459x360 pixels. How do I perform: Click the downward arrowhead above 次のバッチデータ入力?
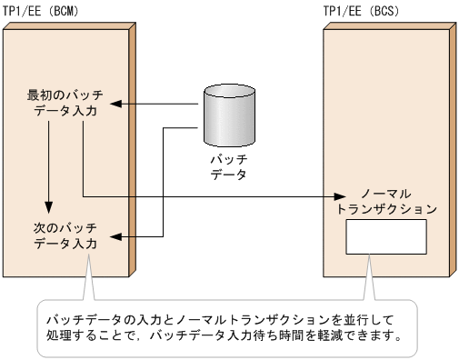coord(47,207)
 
